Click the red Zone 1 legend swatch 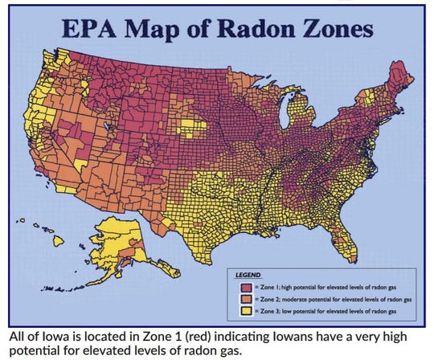coord(239,285)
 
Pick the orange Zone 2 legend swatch coord(239,297)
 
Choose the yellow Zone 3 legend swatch coord(239,309)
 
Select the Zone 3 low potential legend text coord(321,309)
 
